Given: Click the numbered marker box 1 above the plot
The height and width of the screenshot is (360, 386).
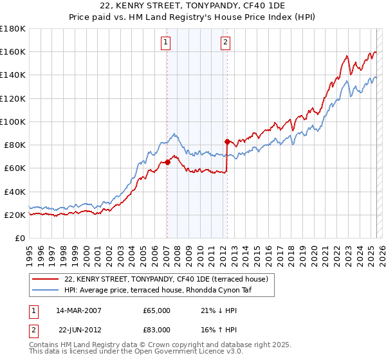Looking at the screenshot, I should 166,43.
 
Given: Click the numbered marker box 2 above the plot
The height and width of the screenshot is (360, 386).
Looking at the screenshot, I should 226,43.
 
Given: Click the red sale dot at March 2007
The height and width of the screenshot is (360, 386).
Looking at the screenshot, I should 167,162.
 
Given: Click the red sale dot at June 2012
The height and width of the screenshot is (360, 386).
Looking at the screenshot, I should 227,141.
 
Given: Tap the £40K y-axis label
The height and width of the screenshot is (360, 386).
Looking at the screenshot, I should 15,192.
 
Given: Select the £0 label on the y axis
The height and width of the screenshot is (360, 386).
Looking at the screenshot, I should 20,239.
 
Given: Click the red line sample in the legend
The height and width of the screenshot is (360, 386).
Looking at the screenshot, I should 46,279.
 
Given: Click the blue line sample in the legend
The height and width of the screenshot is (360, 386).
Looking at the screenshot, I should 46,290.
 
